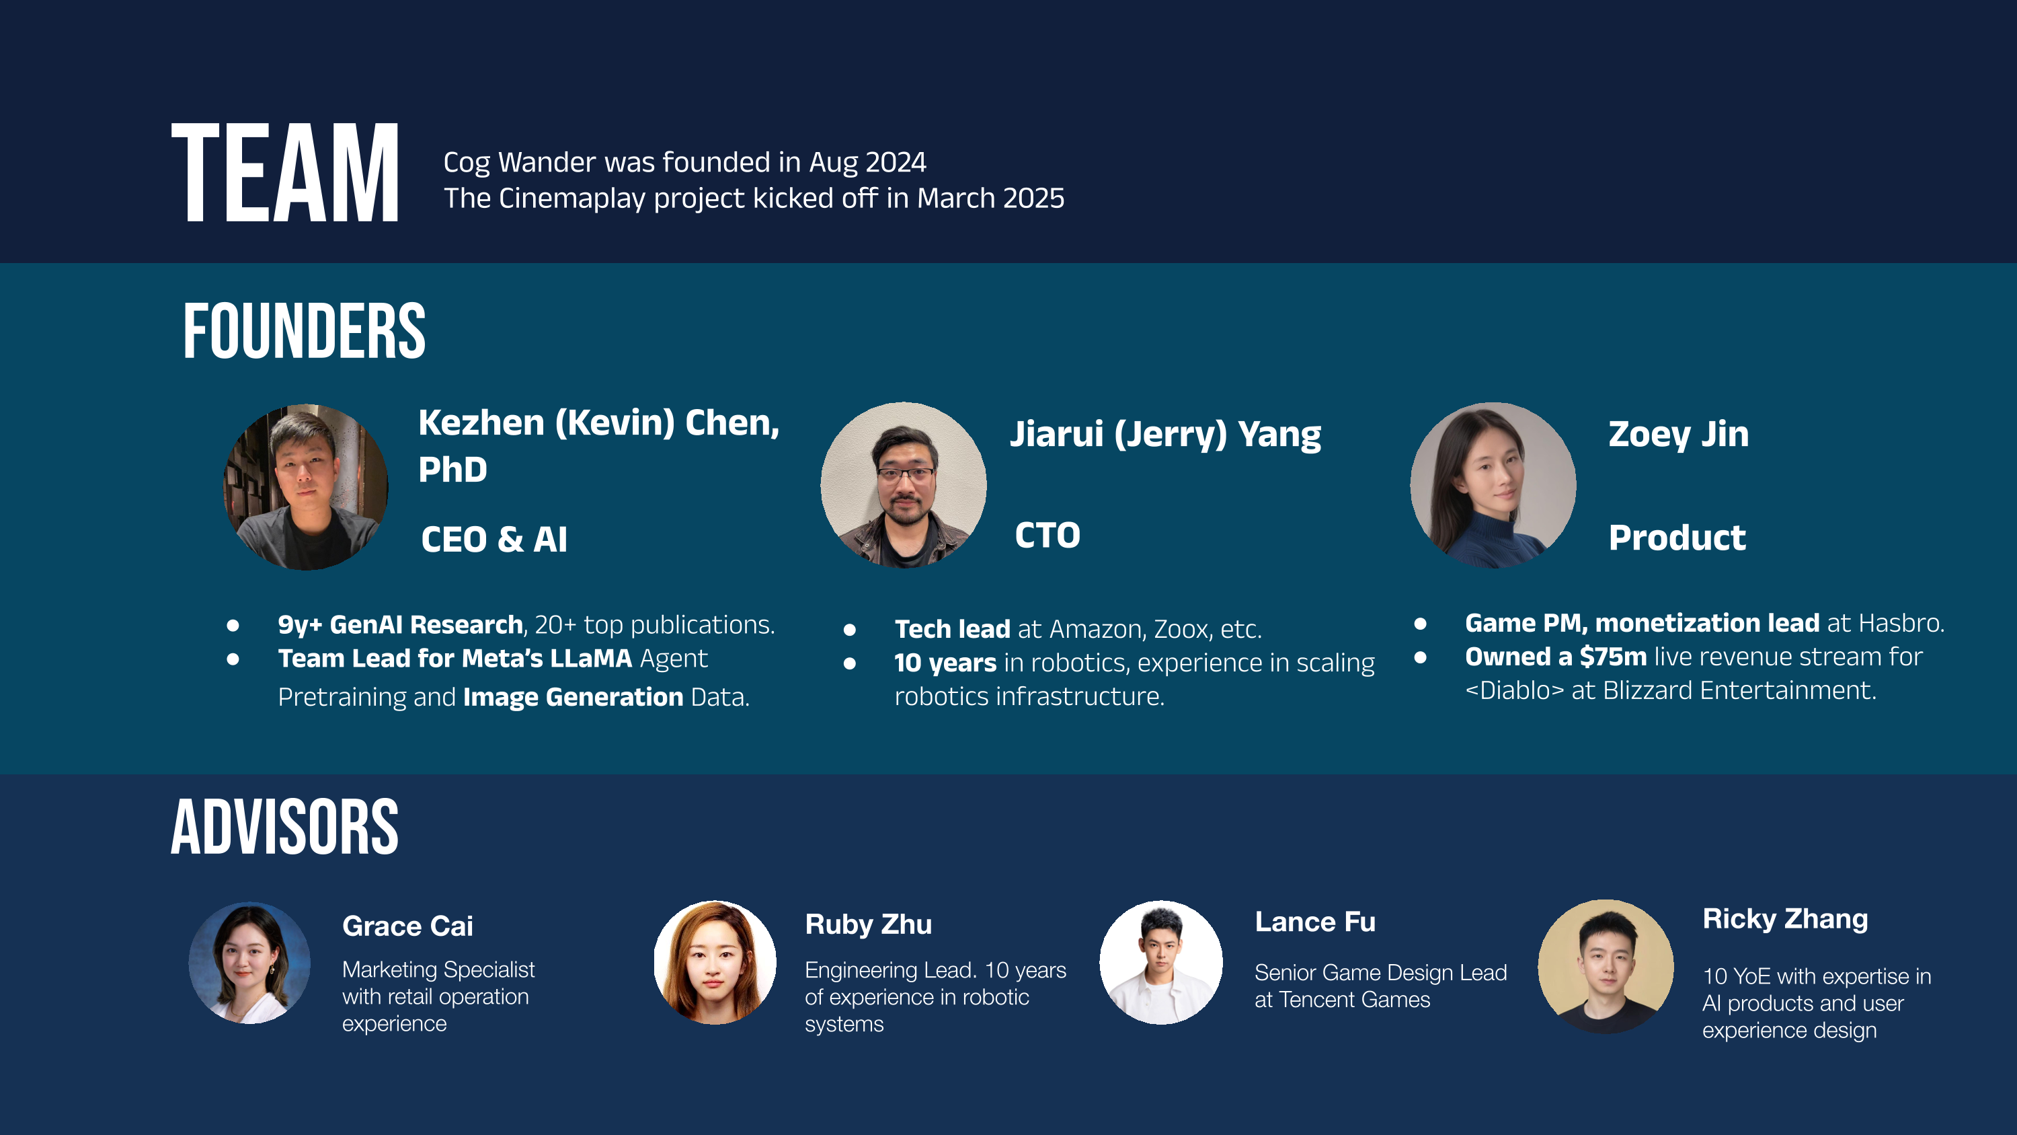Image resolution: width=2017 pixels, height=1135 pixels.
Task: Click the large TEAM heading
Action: tap(285, 172)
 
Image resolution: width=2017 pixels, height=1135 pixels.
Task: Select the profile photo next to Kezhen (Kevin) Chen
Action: tap(306, 486)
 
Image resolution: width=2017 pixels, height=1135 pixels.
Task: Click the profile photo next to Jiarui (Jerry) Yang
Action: tap(904, 485)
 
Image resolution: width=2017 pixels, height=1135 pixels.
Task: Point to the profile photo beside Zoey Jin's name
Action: tap(1493, 485)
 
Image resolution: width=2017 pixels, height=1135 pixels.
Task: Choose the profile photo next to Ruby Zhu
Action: tap(715, 962)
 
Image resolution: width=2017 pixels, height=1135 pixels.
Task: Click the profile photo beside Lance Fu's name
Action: tap(1161, 962)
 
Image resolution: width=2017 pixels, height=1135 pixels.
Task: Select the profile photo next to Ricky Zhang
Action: tap(1606, 966)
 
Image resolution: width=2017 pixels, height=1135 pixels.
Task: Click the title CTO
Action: tap(1047, 536)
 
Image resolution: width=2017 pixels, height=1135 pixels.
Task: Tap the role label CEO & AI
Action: tap(494, 540)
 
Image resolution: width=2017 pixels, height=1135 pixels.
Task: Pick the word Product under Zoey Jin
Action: tap(1677, 538)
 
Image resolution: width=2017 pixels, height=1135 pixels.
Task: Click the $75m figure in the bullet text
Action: tap(1613, 657)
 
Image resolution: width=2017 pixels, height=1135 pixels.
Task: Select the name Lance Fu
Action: tap(1316, 922)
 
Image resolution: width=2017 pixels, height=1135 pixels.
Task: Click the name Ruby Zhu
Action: tap(869, 924)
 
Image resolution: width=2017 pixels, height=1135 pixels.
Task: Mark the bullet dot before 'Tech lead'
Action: tap(850, 630)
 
